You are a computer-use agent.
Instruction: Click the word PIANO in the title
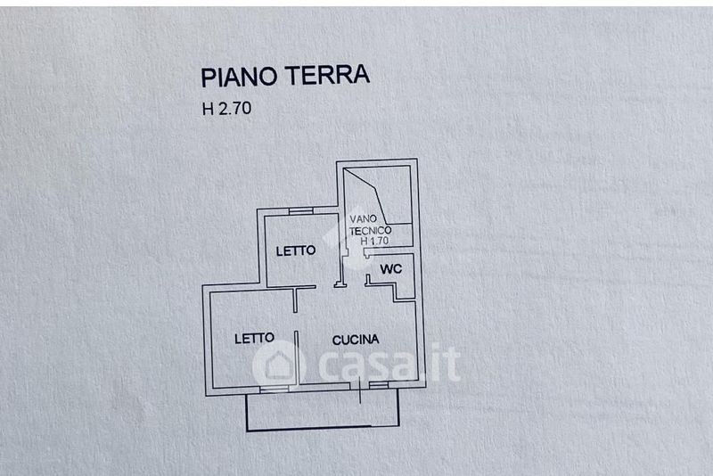[x=239, y=77]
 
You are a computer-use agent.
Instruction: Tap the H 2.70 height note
[x=226, y=109]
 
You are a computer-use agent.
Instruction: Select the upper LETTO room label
[x=296, y=250]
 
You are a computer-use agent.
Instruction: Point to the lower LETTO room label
[x=254, y=338]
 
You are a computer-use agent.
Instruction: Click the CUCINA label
[x=356, y=340]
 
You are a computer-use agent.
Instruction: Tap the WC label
[x=391, y=268]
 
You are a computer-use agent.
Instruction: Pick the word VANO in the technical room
[x=363, y=219]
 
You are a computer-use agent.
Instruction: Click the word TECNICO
[x=370, y=231]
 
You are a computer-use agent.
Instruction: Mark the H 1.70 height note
[x=374, y=241]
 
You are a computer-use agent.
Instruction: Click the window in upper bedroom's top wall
[x=301, y=211]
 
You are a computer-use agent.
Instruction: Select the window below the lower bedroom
[x=275, y=390]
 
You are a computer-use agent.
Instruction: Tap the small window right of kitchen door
[x=378, y=386]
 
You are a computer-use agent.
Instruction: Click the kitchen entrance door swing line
[x=360, y=390]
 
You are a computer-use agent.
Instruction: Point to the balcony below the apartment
[x=323, y=413]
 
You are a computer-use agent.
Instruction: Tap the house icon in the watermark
[x=279, y=365]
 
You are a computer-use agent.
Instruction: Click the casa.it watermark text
[x=389, y=364]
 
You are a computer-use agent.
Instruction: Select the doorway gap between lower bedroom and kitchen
[x=296, y=322]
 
